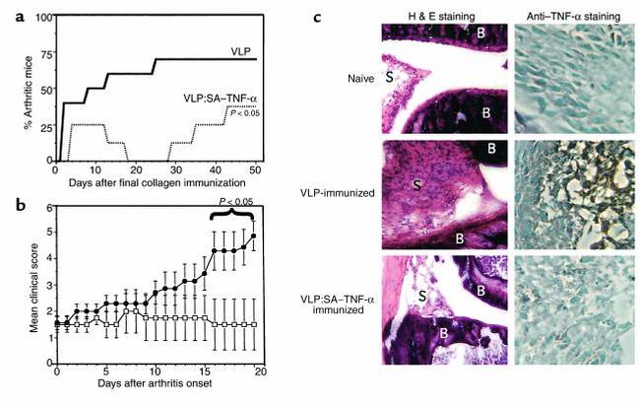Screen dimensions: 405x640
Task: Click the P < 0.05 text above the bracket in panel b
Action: tap(233, 203)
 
